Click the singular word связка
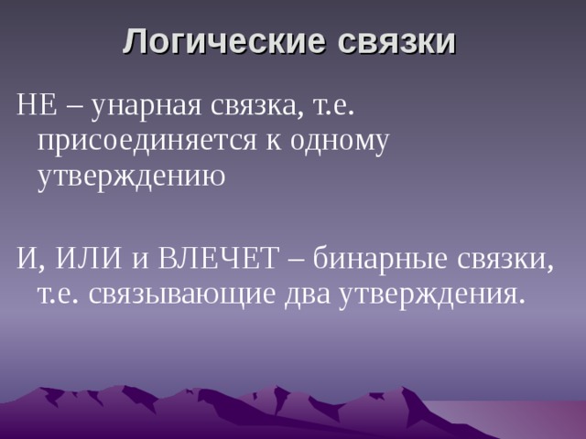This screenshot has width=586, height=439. (x=256, y=109)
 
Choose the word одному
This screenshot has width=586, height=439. (x=338, y=141)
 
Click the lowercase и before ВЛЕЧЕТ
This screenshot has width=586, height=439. (x=139, y=262)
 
